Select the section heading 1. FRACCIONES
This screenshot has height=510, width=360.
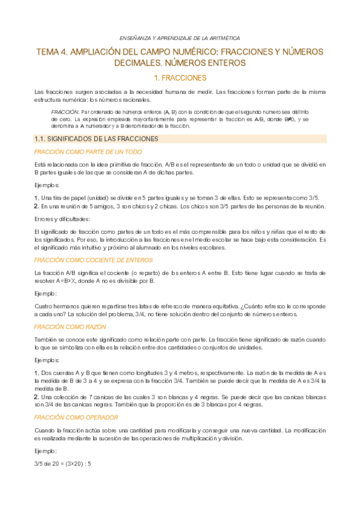point(180,78)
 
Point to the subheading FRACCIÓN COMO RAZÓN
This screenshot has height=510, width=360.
point(70,327)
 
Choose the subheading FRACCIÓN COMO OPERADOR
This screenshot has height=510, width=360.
point(76,416)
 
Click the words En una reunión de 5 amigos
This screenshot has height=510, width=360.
point(77,206)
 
